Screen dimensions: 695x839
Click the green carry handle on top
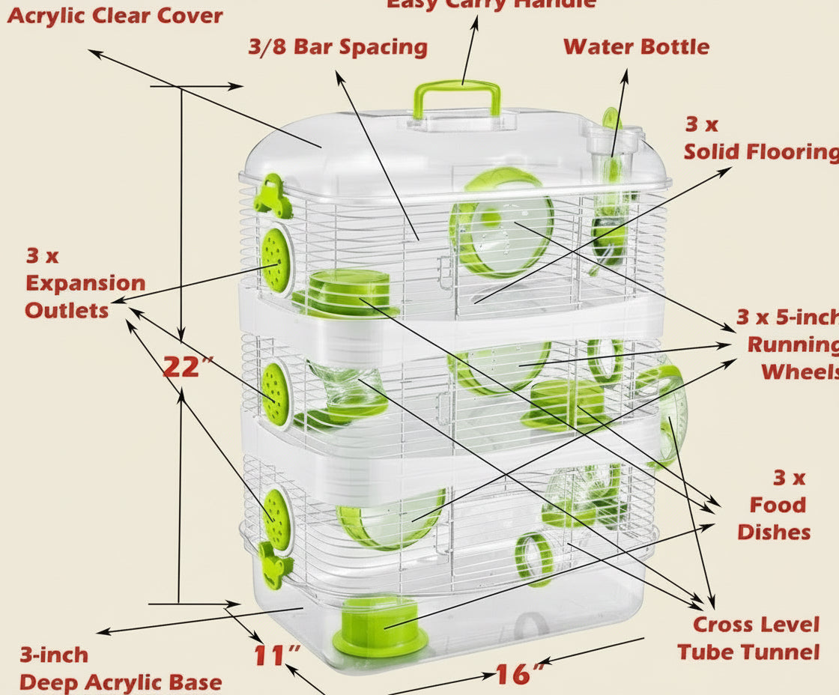click(456, 94)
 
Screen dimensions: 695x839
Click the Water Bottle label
click(636, 46)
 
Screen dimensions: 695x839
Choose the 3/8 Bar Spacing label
click(338, 46)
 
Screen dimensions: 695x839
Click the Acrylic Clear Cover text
click(115, 15)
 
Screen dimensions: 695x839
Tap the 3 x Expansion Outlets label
click(85, 283)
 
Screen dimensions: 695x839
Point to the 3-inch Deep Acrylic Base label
click(120, 669)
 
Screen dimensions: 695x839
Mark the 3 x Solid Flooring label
click(760, 139)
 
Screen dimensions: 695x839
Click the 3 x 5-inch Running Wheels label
click(787, 345)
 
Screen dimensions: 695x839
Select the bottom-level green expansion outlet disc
click(277, 518)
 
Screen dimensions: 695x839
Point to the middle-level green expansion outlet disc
click(276, 393)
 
